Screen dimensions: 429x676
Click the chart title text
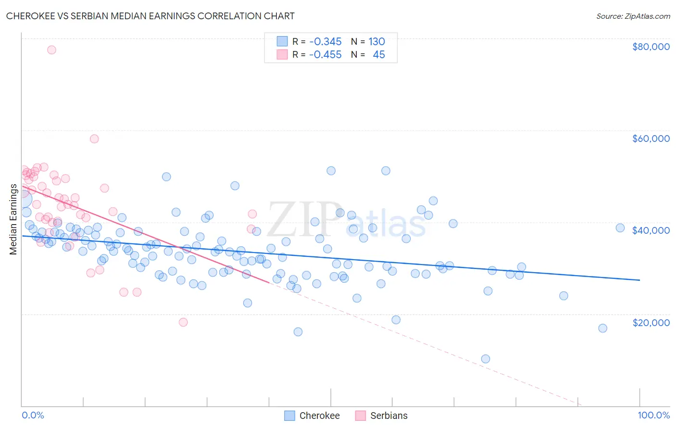(150, 16)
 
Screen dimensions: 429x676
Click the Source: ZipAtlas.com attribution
(633, 16)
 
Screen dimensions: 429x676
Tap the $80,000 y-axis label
(651, 47)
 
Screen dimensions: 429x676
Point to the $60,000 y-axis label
(651, 139)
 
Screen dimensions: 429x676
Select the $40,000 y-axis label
(651, 230)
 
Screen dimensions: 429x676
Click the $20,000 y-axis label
(651, 322)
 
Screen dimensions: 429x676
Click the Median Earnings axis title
(13, 219)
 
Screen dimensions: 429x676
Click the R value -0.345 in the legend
(325, 41)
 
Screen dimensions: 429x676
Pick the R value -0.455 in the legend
(325, 55)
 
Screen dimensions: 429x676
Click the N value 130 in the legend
(377, 41)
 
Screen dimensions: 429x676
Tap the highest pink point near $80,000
(51, 50)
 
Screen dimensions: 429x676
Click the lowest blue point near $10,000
(486, 359)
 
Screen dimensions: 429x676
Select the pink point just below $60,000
(94, 139)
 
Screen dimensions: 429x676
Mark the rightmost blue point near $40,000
(620, 228)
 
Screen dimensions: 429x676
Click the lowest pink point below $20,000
(183, 322)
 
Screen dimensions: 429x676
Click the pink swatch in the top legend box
(282, 55)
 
